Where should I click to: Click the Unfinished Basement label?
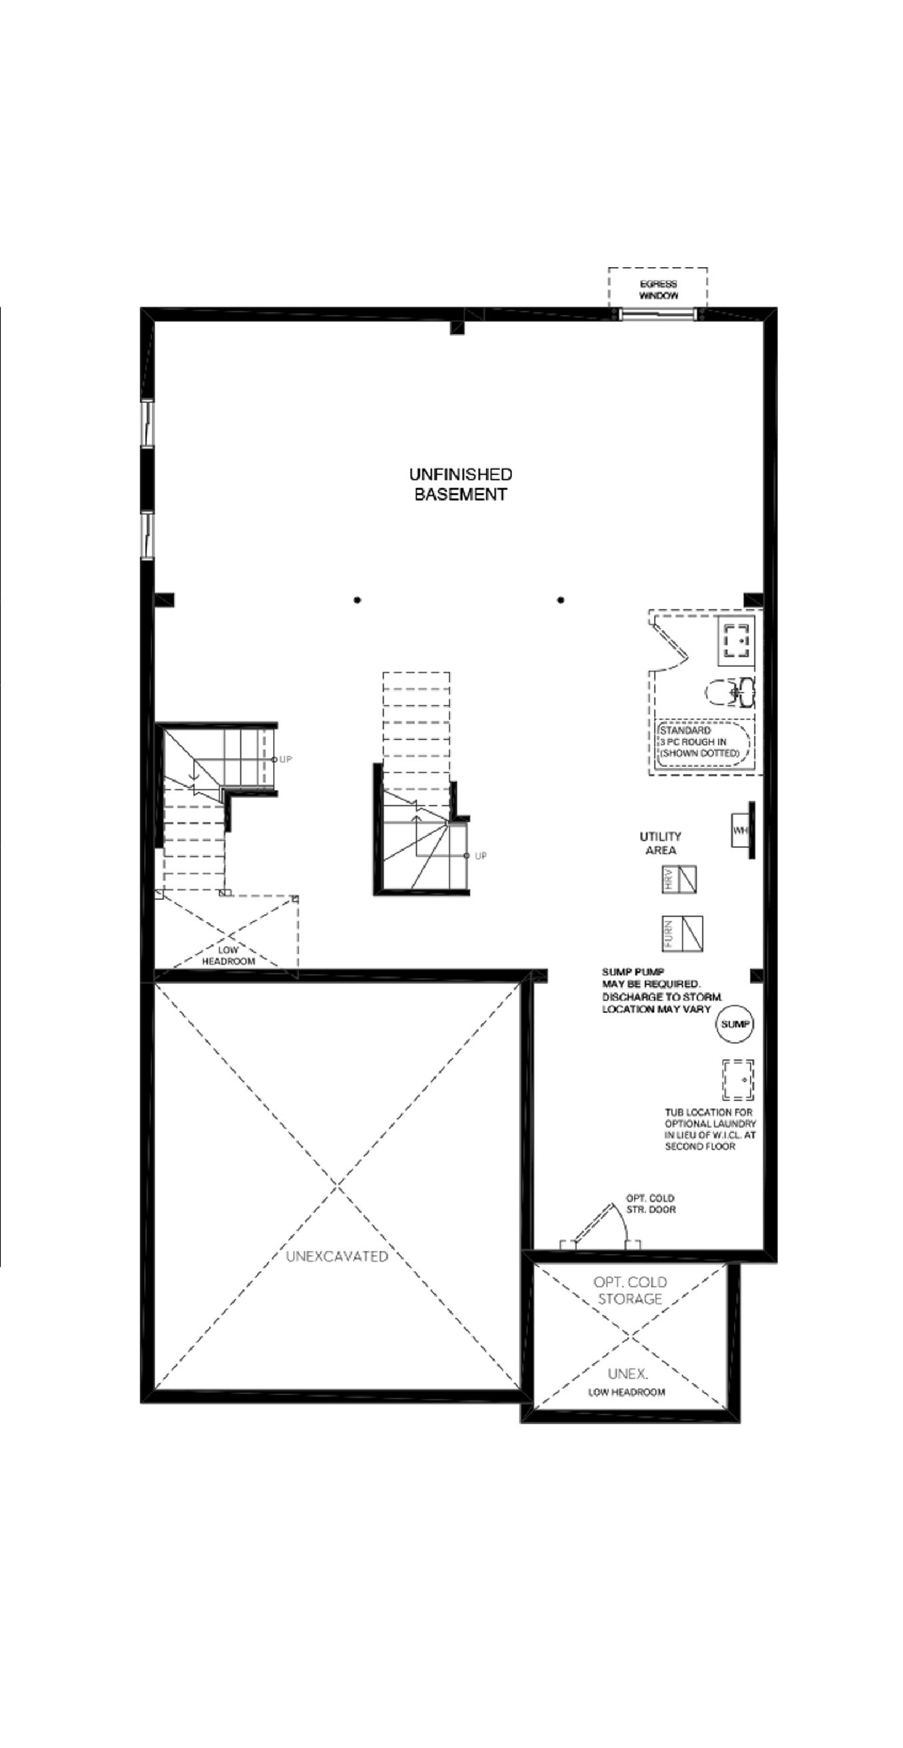(460, 484)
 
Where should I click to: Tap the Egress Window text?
(658, 290)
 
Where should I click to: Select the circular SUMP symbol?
(735, 1024)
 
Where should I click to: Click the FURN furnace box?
(682, 933)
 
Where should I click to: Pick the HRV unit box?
(679, 879)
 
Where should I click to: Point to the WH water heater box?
(739, 830)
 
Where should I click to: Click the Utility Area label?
(660, 843)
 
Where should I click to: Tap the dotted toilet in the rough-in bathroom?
(730, 693)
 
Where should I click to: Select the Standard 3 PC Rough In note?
(699, 741)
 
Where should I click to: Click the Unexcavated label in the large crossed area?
(336, 1256)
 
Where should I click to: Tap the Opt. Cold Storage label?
(629, 1290)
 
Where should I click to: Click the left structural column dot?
(358, 600)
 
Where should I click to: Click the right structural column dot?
(561, 600)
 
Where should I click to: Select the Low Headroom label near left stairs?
(228, 955)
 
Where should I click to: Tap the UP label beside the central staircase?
(480, 855)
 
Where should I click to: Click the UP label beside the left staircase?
(286, 759)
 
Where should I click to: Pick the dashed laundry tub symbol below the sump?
(737, 1079)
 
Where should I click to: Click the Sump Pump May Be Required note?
(661, 990)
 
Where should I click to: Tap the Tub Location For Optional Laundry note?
(710, 1129)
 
